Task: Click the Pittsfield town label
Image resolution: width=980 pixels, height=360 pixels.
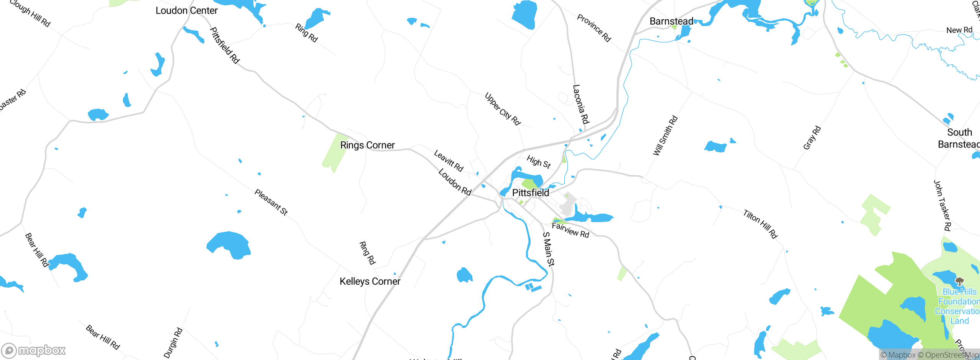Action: (x=531, y=193)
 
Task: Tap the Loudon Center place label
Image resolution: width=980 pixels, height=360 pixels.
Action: (x=186, y=11)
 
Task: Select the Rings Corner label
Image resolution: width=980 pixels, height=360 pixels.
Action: (x=367, y=145)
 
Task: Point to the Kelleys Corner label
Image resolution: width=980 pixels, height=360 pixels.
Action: (x=370, y=281)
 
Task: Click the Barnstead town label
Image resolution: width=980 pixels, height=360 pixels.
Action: (x=671, y=21)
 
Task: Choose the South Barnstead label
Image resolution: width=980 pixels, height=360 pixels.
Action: (x=959, y=138)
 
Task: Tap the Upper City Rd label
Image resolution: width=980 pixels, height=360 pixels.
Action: (x=502, y=109)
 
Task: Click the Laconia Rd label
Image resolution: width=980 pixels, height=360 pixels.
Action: (x=581, y=104)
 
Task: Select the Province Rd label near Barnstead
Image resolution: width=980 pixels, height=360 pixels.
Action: (x=594, y=28)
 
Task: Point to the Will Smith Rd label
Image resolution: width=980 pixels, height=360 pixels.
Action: (x=665, y=136)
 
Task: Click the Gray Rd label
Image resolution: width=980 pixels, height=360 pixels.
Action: (x=812, y=137)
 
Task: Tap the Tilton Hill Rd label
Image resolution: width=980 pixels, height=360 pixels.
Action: (x=760, y=224)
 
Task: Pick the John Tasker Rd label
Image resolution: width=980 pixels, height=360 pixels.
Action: (x=942, y=206)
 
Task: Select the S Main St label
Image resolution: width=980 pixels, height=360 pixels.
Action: (x=549, y=249)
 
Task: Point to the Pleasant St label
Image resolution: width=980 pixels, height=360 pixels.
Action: (x=271, y=202)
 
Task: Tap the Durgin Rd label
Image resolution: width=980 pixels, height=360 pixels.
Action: (x=173, y=343)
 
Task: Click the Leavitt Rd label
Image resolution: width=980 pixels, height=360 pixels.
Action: (x=448, y=160)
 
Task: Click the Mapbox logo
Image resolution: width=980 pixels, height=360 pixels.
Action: (x=34, y=350)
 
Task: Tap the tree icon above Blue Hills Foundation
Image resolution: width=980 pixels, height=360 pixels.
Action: (x=959, y=282)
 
